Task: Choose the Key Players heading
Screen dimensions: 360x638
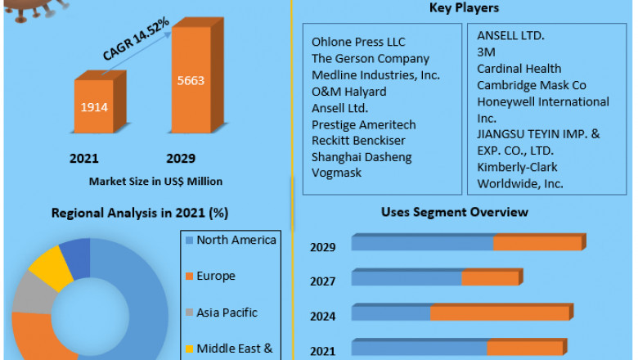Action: point(464,9)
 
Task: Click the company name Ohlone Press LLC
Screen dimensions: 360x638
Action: point(358,42)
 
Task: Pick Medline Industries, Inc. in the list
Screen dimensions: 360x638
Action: point(375,75)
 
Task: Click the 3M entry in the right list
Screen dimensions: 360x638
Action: point(487,52)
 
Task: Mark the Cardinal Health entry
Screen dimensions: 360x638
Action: point(519,69)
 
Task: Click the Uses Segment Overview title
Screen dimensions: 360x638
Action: point(454,212)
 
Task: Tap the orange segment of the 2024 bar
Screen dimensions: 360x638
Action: point(500,313)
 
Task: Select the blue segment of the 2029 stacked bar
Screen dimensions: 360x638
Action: point(422,243)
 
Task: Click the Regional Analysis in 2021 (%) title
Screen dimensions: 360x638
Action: point(140,213)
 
